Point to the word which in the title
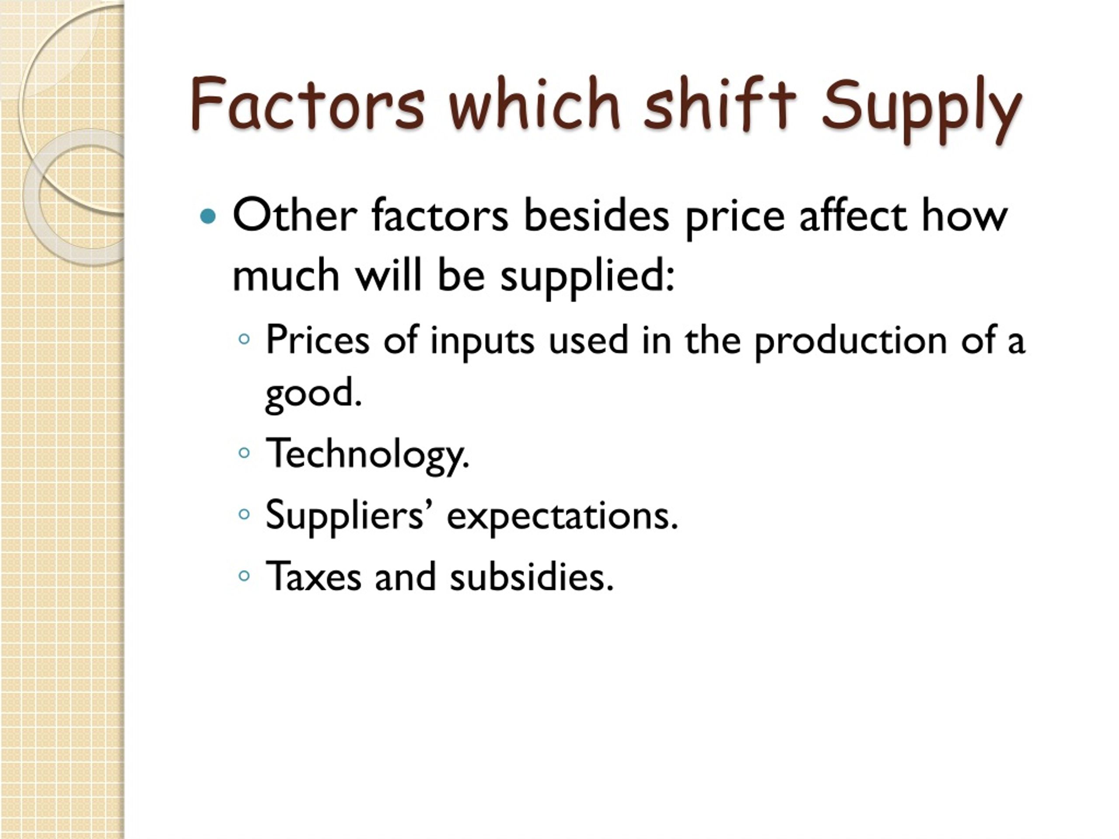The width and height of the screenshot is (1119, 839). click(534, 104)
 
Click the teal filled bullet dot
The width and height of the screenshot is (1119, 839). click(208, 217)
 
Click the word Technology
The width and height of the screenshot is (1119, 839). click(367, 454)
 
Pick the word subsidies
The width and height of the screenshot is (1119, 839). click(532, 576)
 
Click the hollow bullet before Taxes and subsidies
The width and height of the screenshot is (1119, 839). click(244, 575)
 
